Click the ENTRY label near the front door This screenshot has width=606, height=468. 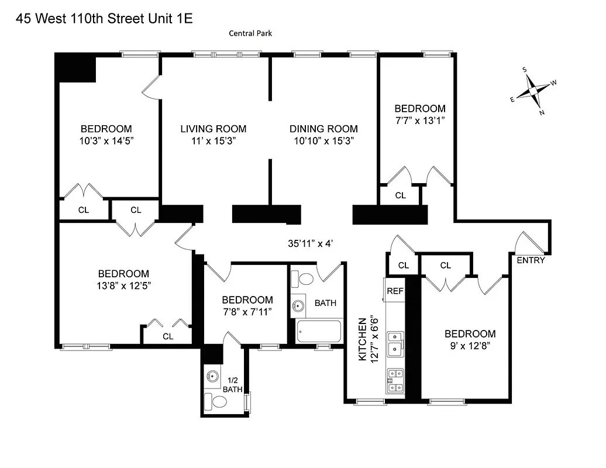pyautogui.click(x=531, y=260)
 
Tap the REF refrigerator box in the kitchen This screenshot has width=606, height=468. pyautogui.click(x=395, y=291)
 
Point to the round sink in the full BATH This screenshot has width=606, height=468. pyautogui.click(x=299, y=305)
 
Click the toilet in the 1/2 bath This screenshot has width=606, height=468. pyautogui.click(x=218, y=401)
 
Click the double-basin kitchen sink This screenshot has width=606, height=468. pyautogui.click(x=396, y=343)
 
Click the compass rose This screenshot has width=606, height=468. pyautogui.click(x=533, y=91)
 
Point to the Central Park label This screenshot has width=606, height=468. pyautogui.click(x=250, y=33)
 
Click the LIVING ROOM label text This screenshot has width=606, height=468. pyautogui.click(x=213, y=129)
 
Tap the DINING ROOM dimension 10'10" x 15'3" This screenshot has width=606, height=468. pyautogui.click(x=323, y=141)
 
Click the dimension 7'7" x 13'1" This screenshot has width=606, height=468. pyautogui.click(x=419, y=120)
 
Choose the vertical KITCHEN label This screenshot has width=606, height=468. pyautogui.click(x=363, y=339)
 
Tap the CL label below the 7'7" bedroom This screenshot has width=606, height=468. pyautogui.click(x=400, y=195)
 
